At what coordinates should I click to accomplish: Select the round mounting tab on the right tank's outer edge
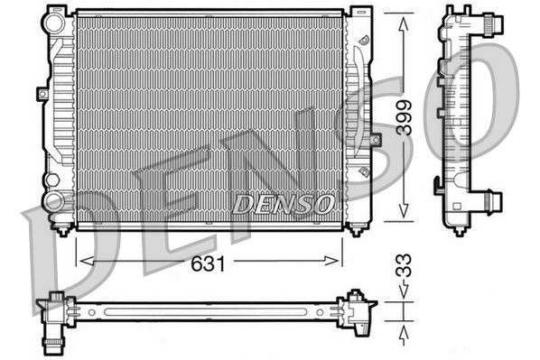[x=373, y=142]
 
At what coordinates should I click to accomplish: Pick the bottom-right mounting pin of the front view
[x=355, y=228]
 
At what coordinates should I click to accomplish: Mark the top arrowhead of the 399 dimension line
[x=400, y=17]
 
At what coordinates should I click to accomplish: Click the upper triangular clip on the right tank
[x=362, y=42]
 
